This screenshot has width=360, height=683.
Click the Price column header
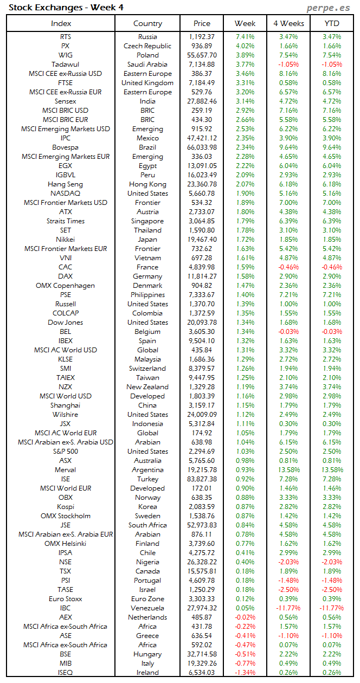202,23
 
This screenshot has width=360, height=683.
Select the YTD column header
332,23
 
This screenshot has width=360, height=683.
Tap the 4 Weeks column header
288,23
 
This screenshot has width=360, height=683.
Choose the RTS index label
66,37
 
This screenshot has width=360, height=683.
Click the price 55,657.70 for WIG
202,55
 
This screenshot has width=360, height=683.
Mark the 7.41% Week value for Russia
245,37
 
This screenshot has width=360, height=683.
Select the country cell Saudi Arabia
147,65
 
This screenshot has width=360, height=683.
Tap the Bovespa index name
66,147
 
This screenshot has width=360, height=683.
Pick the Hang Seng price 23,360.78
202,184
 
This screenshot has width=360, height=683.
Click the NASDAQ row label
66,194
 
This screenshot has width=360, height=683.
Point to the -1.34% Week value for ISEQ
245,673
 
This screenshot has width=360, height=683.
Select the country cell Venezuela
147,608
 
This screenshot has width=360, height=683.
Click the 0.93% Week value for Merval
245,470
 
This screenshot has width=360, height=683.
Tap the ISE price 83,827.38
202,479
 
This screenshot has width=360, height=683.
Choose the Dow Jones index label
66,323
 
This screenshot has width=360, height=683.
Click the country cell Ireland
147,673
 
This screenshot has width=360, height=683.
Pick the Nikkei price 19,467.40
202,240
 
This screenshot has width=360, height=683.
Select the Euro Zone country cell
147,599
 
